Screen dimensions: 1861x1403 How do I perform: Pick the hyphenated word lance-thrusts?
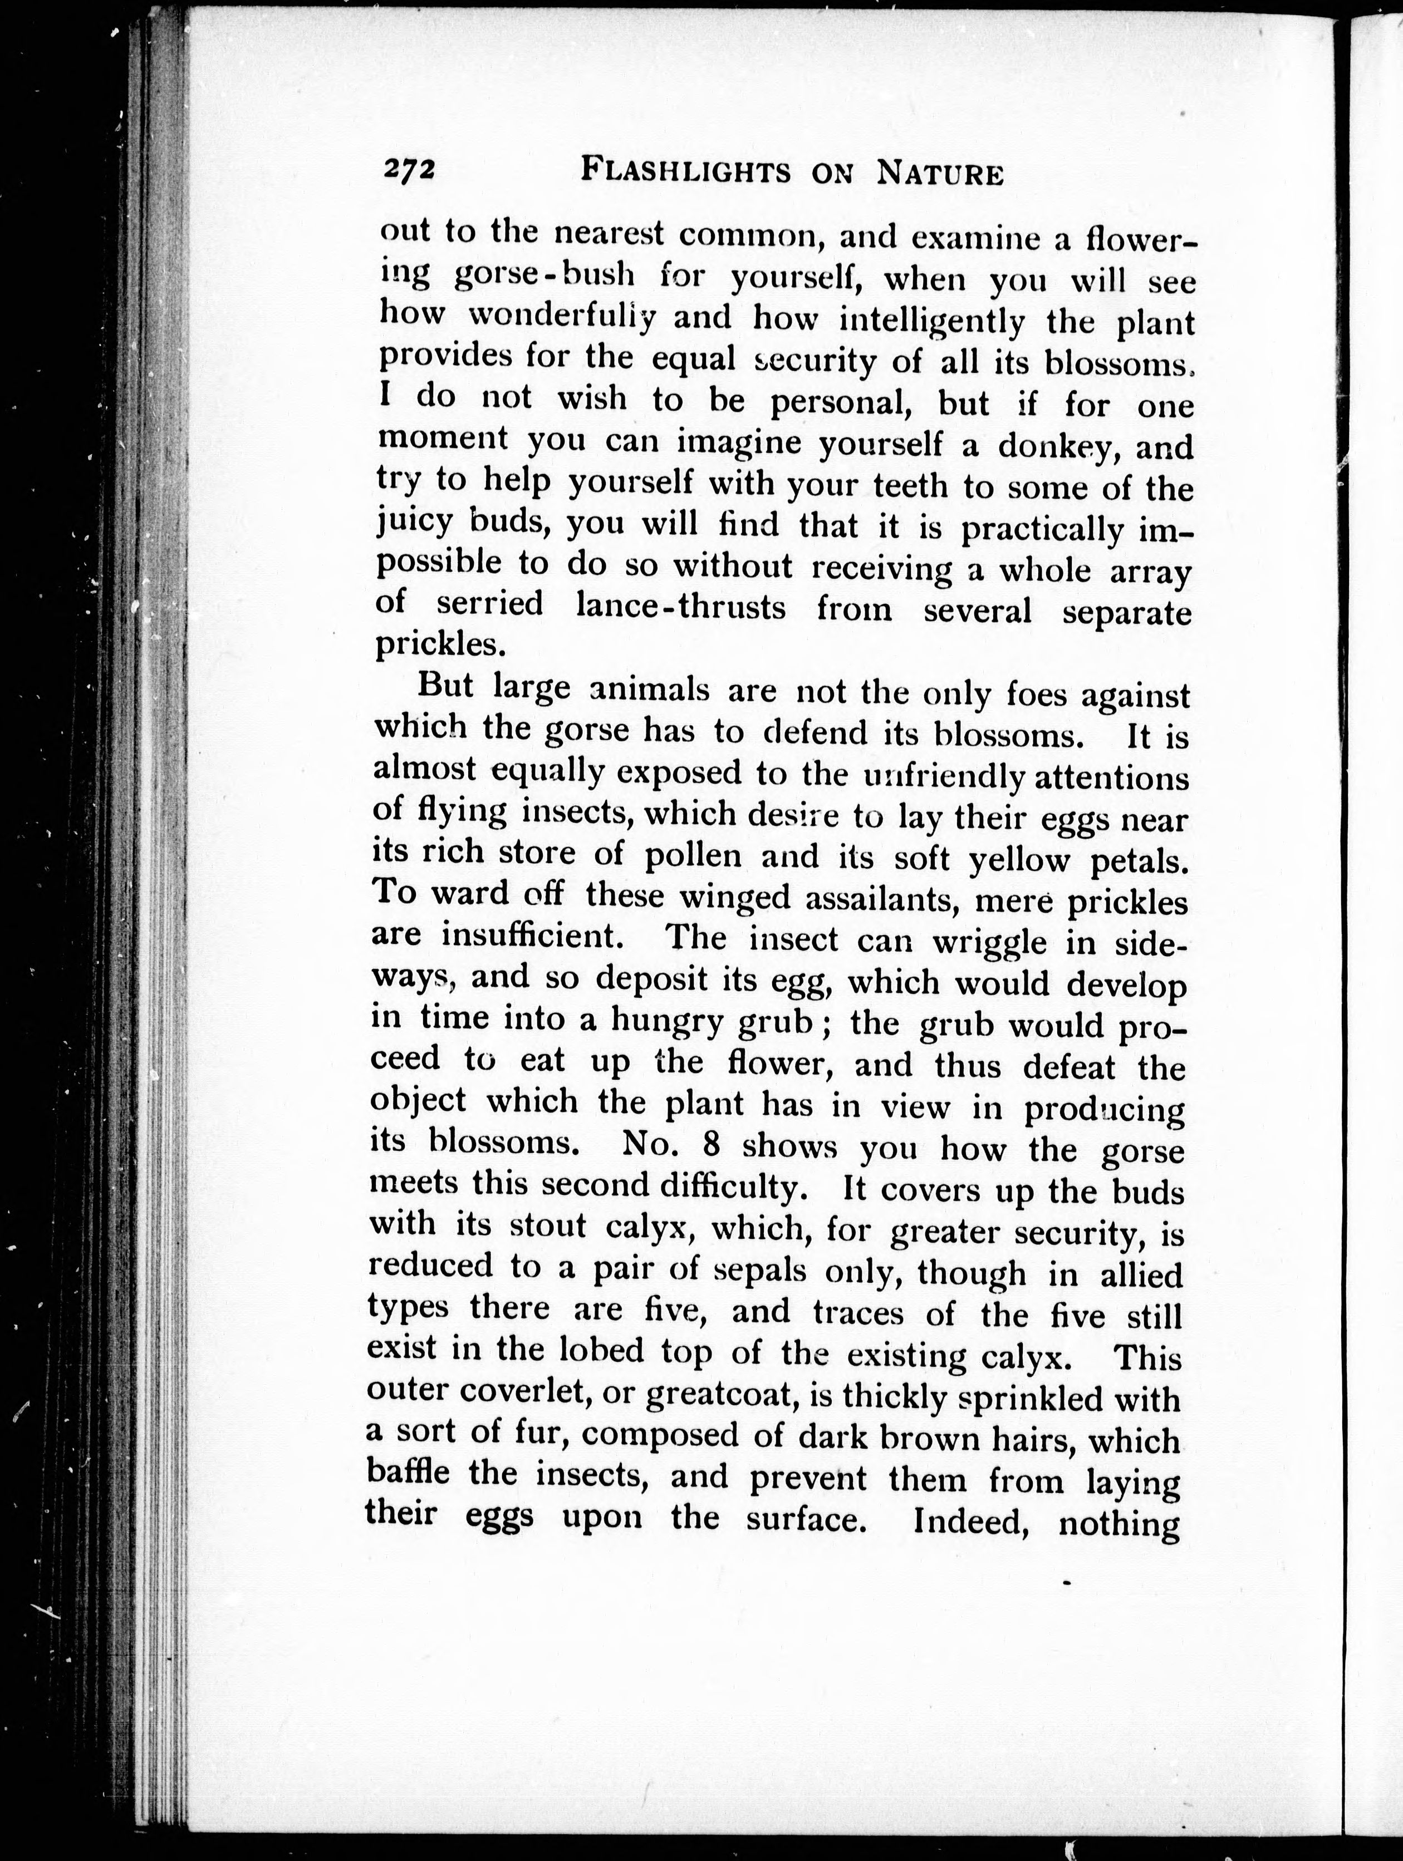[x=680, y=607]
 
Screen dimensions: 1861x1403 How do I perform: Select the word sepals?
[x=762, y=1269]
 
